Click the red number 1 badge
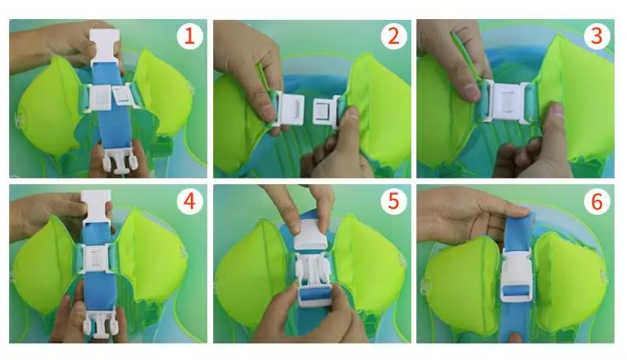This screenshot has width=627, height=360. click(x=189, y=36)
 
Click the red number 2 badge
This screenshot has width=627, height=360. click(x=393, y=36)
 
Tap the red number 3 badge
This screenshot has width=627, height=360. click(x=596, y=36)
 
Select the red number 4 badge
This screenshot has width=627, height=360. click(x=189, y=201)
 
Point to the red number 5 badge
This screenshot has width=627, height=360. click(x=393, y=201)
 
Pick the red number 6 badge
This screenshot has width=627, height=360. click(x=596, y=201)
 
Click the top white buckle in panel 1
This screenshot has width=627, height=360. click(x=105, y=46)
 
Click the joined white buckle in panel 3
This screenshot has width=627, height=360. click(x=508, y=101)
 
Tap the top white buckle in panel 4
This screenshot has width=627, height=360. click(x=96, y=211)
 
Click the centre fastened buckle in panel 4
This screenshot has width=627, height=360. click(x=95, y=258)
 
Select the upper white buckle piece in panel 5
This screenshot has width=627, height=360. click(x=312, y=236)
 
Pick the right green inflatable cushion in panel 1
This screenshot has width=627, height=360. click(x=164, y=93)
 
